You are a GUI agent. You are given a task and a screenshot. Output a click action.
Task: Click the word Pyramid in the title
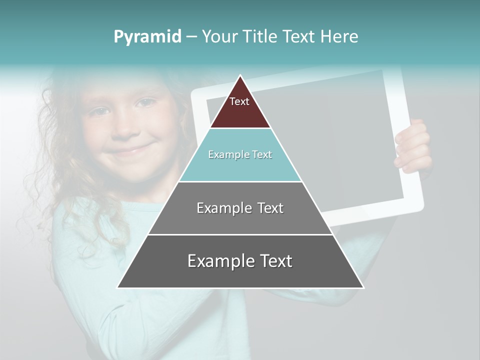pos(147,36)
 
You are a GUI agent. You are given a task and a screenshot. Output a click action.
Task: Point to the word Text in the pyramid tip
pos(239,101)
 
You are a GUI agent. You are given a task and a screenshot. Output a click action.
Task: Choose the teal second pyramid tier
pos(240,165)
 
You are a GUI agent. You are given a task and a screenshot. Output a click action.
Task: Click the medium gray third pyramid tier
pos(240,220)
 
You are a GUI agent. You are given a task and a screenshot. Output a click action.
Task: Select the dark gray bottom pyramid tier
pos(240,272)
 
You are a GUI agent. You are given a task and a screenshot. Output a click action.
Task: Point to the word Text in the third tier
pos(268,208)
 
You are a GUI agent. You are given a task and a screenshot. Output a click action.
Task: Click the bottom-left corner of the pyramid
pos(117,287)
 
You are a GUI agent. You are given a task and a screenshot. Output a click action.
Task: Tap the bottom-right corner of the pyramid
pos(363,287)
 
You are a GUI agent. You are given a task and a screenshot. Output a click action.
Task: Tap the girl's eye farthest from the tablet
pos(100,111)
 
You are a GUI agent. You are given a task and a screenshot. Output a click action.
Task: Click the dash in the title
pos(191,36)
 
